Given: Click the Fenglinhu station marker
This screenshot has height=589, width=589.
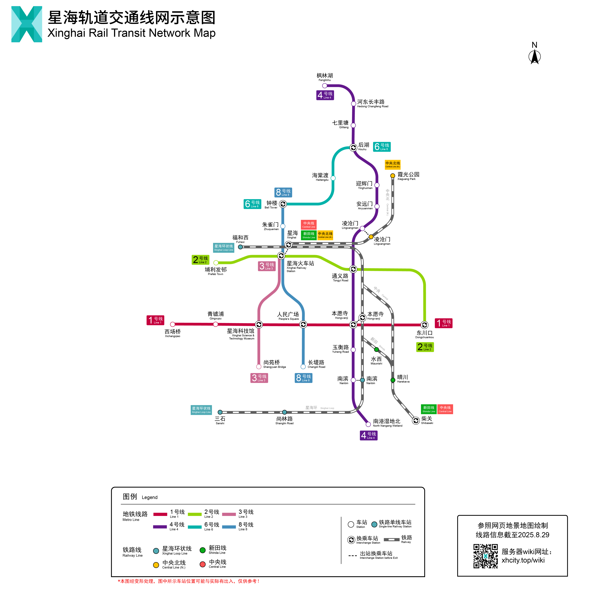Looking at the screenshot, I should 325,86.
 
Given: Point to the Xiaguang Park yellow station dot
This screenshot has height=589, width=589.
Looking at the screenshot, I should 393,176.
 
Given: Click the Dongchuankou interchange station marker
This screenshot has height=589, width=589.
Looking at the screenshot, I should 424,325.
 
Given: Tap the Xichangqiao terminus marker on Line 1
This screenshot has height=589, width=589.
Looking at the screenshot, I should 173,324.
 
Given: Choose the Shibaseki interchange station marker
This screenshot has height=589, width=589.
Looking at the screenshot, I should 416,421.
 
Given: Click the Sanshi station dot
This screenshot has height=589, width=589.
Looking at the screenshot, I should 220,412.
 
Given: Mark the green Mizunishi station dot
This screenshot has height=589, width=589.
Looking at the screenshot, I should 376,349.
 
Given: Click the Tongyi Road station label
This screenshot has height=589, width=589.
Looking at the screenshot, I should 340,277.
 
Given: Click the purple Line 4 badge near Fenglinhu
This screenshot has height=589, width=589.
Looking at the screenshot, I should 325,95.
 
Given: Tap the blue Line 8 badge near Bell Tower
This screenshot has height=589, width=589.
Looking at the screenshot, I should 283,192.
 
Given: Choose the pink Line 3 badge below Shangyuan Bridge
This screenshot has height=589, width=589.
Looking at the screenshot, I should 259,378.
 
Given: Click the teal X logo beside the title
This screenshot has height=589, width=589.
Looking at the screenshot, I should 27,24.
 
